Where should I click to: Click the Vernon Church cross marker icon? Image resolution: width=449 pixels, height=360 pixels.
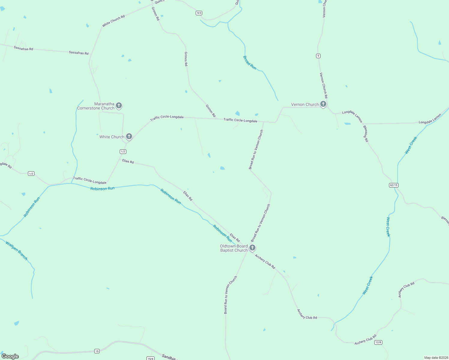tap(323, 104)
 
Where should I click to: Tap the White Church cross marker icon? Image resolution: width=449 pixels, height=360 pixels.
tap(129, 136)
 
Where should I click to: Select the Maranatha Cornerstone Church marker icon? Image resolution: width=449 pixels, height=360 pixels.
tap(119, 105)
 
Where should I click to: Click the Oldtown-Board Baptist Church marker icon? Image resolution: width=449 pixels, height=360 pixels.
tap(252, 247)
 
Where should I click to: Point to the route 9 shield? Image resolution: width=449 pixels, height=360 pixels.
tap(318, 56)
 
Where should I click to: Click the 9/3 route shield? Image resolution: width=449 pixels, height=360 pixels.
tap(199, 13)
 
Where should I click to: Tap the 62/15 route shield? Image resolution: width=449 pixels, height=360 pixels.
tap(393, 185)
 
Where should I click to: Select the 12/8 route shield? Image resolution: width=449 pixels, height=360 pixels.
tap(378, 342)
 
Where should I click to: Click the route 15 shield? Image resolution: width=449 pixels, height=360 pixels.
tap(97, 351)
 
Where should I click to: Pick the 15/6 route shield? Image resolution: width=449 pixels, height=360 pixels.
tap(150, 358)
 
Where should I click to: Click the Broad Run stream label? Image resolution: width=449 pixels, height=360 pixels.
tap(250, 63)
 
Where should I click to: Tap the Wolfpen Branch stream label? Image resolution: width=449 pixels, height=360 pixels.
tap(17, 250)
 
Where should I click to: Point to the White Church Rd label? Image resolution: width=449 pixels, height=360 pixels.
tap(113, 21)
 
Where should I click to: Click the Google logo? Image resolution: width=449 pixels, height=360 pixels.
tap(10, 356)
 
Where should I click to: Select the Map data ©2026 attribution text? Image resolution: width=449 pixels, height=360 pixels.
tap(436, 358)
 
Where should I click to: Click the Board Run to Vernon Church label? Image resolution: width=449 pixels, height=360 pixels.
tap(230, 295)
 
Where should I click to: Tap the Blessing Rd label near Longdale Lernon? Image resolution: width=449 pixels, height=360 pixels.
tap(366, 133)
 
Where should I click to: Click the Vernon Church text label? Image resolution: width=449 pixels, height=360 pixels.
tap(305, 104)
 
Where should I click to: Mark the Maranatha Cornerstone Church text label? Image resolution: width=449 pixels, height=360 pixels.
tap(96, 106)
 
